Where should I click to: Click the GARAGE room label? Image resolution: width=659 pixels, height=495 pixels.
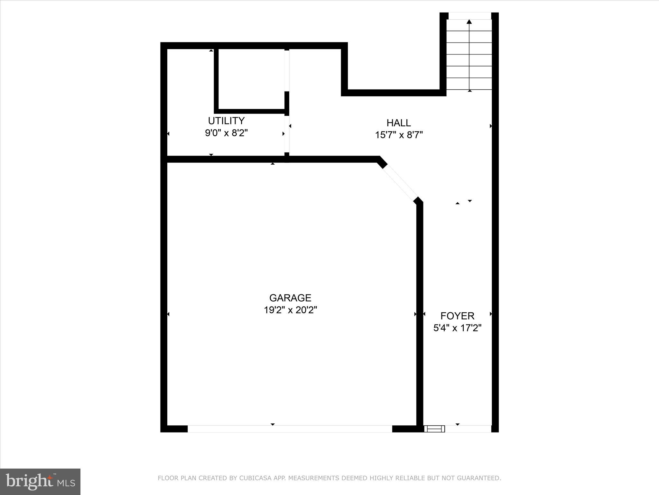click(x=290, y=298)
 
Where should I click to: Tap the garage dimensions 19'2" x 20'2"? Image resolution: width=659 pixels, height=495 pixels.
click(x=290, y=310)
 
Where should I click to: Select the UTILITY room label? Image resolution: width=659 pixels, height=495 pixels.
click(x=226, y=121)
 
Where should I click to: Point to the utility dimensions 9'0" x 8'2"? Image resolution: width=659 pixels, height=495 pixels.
click(x=226, y=133)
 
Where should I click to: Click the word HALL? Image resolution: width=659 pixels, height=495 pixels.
click(x=399, y=123)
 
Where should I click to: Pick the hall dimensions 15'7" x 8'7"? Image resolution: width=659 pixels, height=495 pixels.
click(x=399, y=135)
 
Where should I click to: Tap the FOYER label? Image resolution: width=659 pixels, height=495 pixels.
click(x=457, y=316)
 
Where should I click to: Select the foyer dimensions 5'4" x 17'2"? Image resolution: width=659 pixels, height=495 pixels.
click(x=457, y=328)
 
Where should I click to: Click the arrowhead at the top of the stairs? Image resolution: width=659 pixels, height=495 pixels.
click(x=469, y=22)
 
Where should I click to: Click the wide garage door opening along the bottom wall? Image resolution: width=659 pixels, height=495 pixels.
click(x=290, y=429)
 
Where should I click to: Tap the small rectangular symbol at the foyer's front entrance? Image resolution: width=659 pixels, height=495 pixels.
click(x=434, y=429)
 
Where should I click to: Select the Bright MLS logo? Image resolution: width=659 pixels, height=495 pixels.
click(x=40, y=481)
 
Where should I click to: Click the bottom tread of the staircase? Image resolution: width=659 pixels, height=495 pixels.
click(x=469, y=84)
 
